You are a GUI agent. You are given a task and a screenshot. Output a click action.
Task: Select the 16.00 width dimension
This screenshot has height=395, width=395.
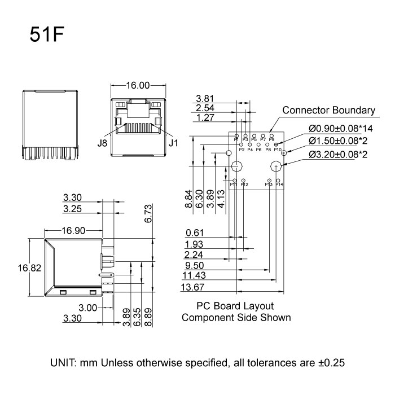tap(138, 86)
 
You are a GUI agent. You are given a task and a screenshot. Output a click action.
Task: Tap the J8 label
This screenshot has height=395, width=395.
tap(102, 143)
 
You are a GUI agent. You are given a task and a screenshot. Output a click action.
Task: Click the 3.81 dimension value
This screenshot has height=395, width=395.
tap(206, 98)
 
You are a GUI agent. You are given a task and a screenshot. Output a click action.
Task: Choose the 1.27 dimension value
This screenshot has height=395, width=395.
tap(206, 118)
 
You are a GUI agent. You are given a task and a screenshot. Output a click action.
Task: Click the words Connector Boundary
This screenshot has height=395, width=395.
tap(328, 110)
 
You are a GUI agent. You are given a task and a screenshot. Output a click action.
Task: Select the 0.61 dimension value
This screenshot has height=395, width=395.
tap(194, 233)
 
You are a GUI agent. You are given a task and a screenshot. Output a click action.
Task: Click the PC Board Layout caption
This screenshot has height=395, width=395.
tap(235, 306)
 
